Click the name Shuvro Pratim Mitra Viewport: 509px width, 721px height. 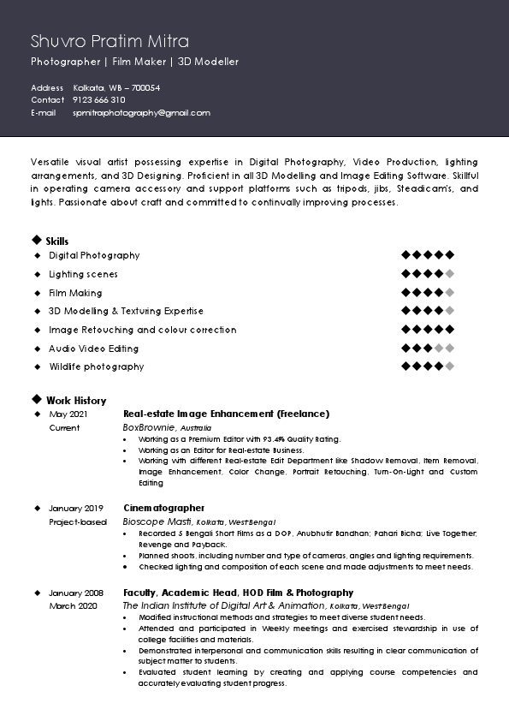109,41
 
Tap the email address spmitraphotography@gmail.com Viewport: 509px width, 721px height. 141,113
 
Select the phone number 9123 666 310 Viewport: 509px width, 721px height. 99,100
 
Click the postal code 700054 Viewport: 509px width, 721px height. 145,88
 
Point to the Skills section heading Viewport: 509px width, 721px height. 57,241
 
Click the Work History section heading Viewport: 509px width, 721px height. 76,401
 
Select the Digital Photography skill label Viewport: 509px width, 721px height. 94,256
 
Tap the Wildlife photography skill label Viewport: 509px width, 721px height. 96,367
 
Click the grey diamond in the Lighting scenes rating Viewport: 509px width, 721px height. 450,274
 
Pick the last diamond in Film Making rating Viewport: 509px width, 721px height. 450,293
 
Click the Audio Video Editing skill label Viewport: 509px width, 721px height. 93,349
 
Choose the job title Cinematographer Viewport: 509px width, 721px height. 164,508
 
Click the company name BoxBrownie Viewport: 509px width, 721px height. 150,426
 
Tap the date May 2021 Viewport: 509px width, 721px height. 68,414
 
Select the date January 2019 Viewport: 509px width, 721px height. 76,509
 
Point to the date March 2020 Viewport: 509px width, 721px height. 74,605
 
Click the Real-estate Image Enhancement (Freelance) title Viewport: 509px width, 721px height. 226,414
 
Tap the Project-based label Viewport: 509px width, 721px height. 78,521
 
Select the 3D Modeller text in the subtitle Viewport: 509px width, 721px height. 209,62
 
